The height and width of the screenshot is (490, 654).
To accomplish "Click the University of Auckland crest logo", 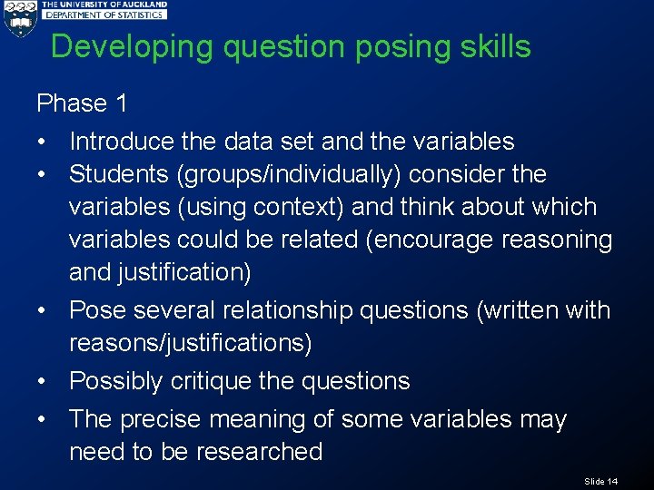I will tap(19, 18).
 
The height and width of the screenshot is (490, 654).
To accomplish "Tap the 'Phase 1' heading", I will tap(82, 103).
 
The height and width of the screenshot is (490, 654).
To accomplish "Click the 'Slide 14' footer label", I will tap(601, 481).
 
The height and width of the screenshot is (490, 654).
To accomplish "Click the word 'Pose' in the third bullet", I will tap(97, 310).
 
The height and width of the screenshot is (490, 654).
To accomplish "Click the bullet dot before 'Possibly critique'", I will tap(43, 382).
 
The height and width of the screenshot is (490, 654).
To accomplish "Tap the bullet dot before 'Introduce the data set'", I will tap(43, 142).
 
